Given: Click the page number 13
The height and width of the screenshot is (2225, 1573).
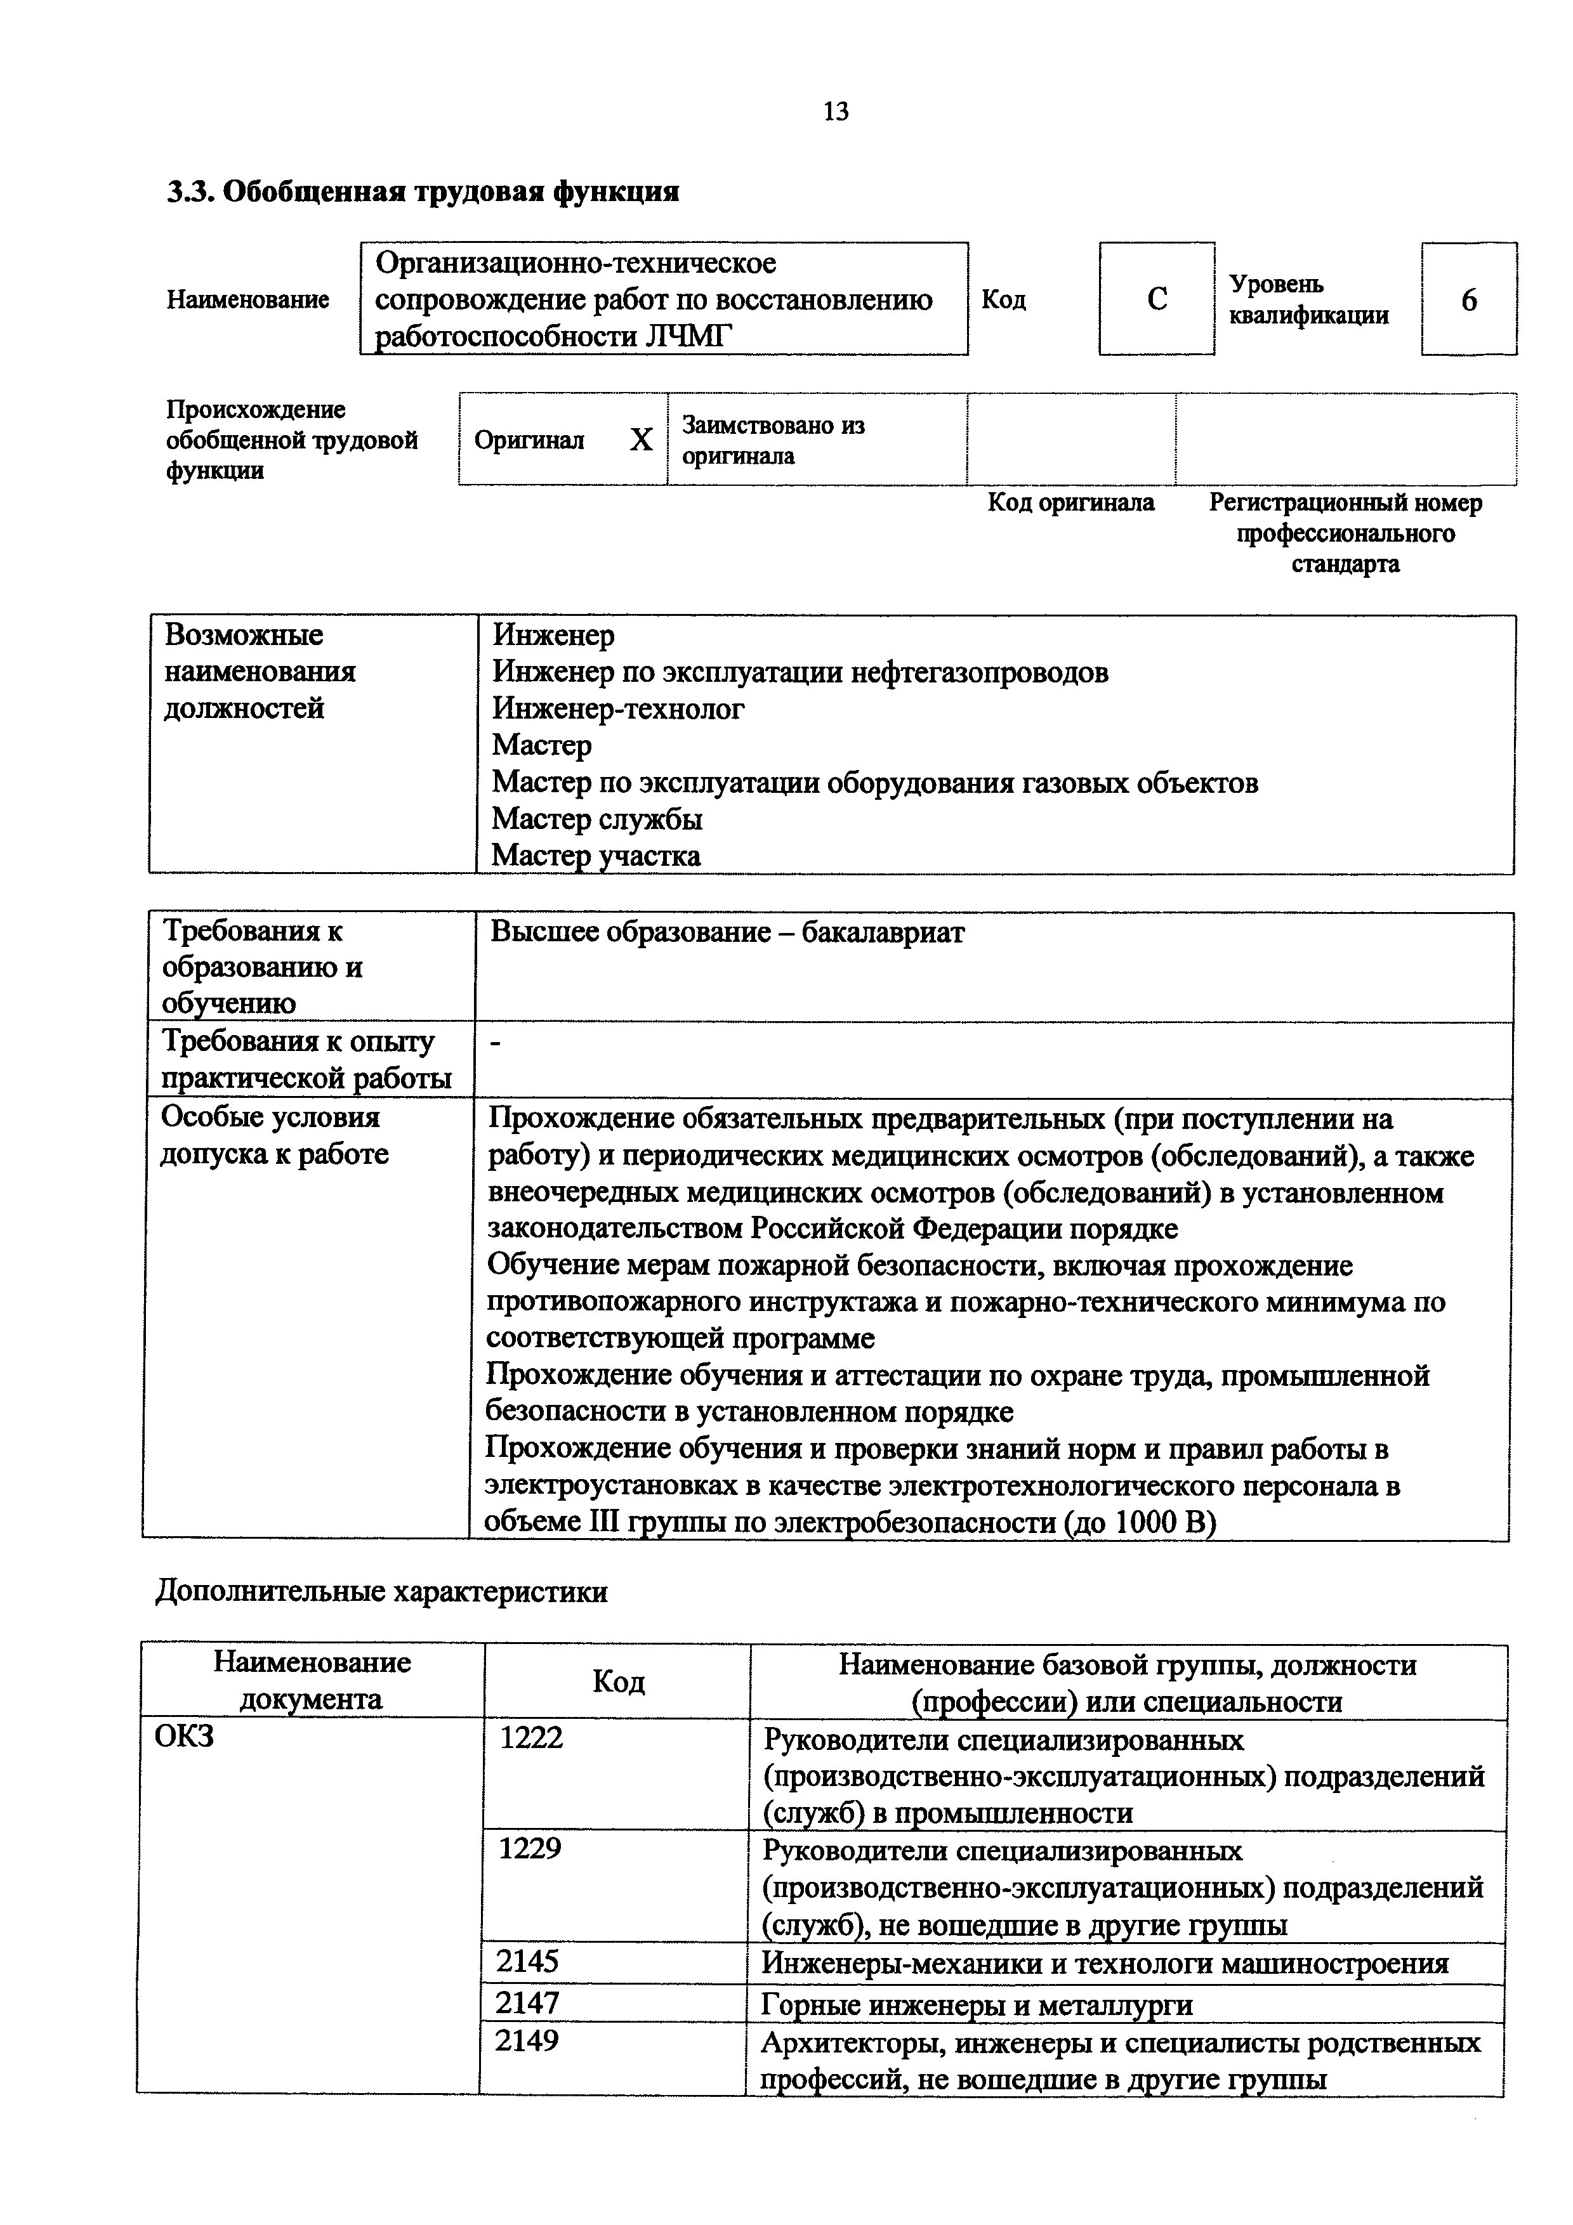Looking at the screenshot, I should tap(836, 112).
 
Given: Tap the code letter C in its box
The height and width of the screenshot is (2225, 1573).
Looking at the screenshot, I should tap(1156, 299).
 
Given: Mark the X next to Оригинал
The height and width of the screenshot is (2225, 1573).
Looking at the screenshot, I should tap(641, 441).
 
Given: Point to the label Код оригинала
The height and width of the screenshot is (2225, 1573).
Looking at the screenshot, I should tap(1071, 502).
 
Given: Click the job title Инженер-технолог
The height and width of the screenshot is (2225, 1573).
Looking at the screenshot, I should tap(618, 708).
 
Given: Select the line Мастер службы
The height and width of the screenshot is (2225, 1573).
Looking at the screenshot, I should tap(597, 819).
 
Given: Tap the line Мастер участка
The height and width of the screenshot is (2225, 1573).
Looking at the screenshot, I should tap(596, 856).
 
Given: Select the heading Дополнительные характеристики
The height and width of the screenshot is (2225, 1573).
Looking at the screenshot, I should tap(382, 1591).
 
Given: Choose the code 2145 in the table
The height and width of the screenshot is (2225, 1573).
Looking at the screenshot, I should tap(527, 1961).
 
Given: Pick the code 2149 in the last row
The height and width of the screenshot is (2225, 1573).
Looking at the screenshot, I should tap(526, 2042).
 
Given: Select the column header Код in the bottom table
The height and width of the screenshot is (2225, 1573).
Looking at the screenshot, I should tap(618, 1681).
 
